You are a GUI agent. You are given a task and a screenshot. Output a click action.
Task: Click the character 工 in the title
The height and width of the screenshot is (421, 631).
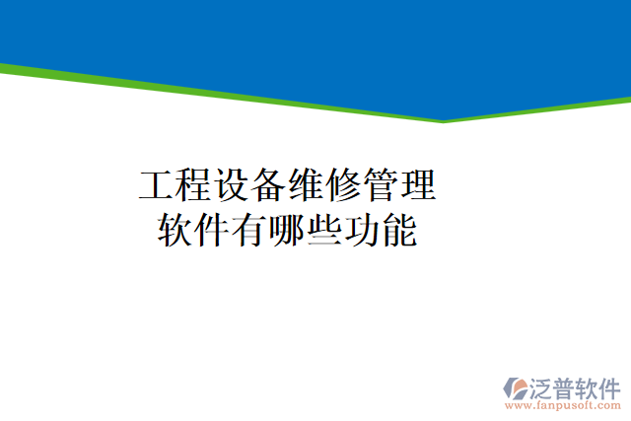(x=156, y=185)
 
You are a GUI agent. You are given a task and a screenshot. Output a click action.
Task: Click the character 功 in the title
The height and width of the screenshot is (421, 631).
(x=363, y=230)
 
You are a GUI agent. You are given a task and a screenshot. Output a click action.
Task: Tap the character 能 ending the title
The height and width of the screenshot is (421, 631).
(x=400, y=230)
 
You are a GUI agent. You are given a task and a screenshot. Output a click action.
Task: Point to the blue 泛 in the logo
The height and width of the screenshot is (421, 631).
(x=544, y=386)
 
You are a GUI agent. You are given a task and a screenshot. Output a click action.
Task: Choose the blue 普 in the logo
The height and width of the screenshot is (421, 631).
(x=569, y=386)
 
